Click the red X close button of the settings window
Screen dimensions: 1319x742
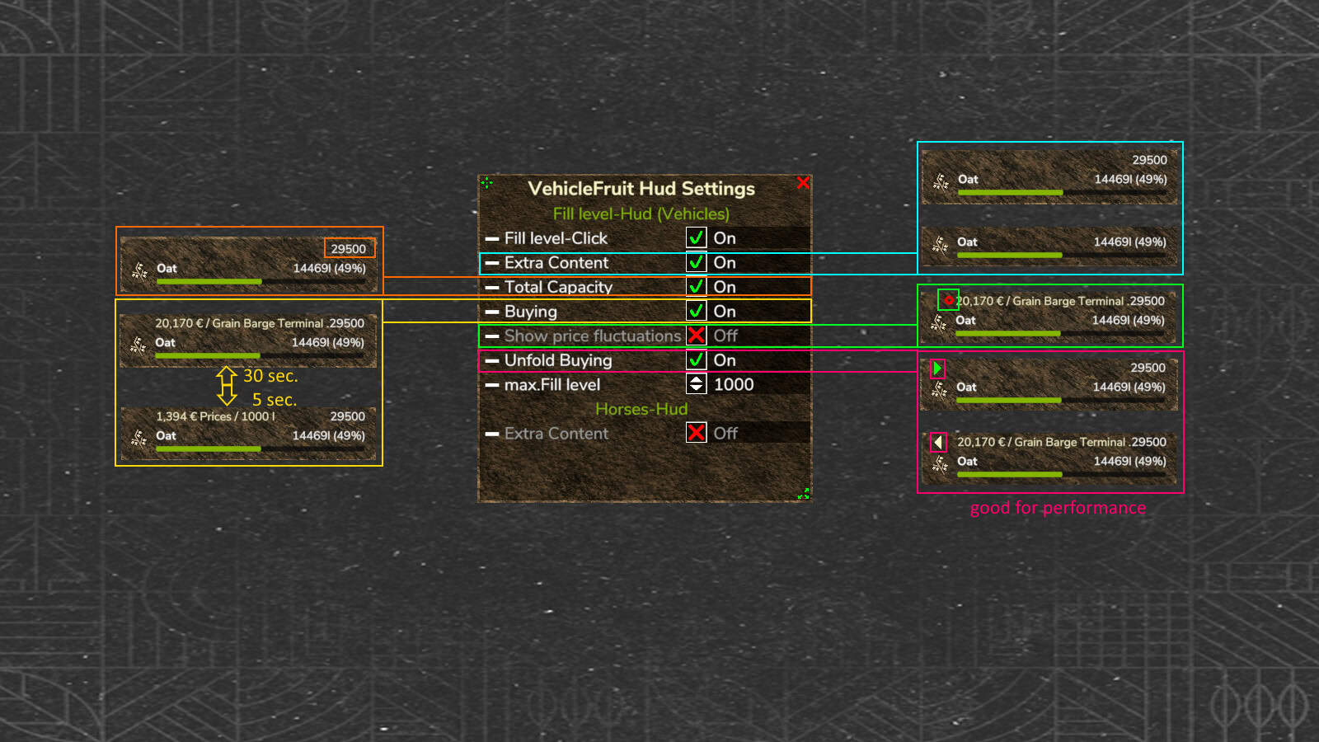click(803, 182)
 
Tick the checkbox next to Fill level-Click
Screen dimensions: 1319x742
click(696, 238)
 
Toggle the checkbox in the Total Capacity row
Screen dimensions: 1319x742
click(696, 287)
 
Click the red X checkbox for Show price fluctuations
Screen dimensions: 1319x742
click(696, 336)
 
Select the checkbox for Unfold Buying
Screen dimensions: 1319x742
click(696, 359)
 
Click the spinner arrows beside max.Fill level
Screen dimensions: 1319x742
click(696, 384)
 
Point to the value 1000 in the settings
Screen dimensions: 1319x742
click(734, 384)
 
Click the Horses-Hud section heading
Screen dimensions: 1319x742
click(641, 409)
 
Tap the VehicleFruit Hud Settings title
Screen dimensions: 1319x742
click(641, 189)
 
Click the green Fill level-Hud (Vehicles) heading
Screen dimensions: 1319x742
click(641, 214)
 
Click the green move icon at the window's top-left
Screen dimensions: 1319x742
click(487, 183)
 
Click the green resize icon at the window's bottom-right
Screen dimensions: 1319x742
click(803, 494)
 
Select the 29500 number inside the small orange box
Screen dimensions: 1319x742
click(348, 248)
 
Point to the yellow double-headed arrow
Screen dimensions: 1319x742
click(227, 386)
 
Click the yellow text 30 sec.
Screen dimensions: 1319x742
click(270, 376)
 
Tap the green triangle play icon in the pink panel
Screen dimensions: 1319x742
click(937, 369)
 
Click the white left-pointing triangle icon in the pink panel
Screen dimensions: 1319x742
click(938, 442)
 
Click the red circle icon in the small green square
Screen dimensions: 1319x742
click(948, 300)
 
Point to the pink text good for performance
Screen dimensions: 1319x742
click(1058, 508)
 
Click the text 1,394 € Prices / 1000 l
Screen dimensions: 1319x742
click(215, 416)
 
